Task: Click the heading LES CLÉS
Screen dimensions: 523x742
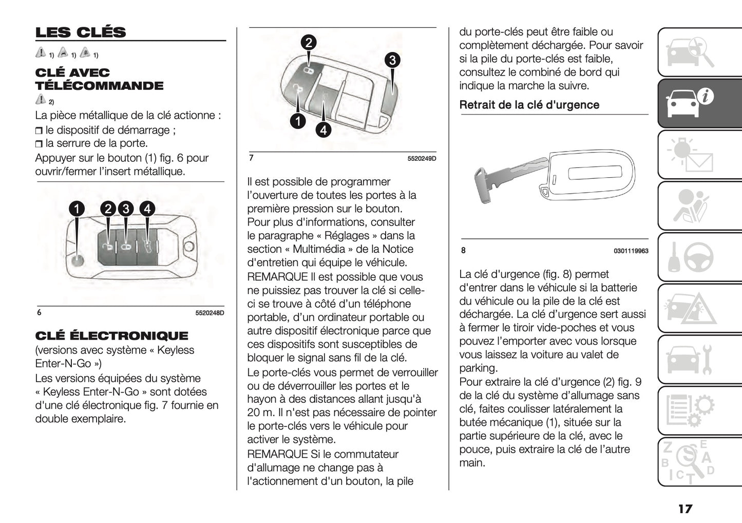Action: click(x=81, y=32)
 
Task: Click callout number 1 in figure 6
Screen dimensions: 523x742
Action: click(x=77, y=209)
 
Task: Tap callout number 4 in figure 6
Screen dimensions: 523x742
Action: click(x=147, y=209)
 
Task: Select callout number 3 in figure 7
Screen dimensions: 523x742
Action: click(x=392, y=60)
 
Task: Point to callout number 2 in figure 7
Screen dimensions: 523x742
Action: click(x=308, y=42)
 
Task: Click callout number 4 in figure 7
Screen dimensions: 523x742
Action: click(x=323, y=130)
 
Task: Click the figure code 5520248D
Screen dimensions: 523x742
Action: click(x=210, y=313)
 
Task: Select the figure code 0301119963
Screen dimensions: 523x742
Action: click(x=631, y=251)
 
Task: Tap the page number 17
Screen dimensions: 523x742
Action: click(x=685, y=509)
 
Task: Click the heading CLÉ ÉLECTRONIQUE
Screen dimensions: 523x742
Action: click(x=111, y=336)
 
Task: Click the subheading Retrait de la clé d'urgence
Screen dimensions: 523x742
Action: click(x=529, y=105)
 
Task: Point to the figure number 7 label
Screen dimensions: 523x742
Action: click(x=251, y=158)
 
